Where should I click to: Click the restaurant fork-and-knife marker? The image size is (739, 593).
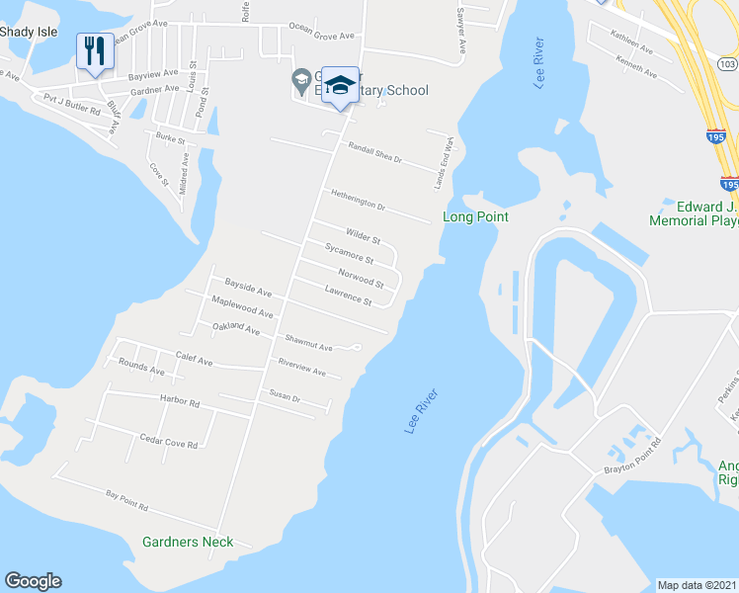coord(95,51)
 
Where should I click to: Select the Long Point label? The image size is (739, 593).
coord(475,216)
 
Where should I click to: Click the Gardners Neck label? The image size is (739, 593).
coord(188,542)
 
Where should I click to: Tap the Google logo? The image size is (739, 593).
coord(33,581)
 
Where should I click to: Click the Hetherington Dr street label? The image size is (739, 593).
coord(358,199)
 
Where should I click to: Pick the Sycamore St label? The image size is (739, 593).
coord(349,253)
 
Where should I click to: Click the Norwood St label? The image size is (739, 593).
coord(361,277)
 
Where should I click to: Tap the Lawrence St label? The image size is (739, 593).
coord(348,295)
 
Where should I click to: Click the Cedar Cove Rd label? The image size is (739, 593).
coord(168,442)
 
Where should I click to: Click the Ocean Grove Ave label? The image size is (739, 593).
coord(321,35)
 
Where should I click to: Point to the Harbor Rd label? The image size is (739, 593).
coord(180,402)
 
